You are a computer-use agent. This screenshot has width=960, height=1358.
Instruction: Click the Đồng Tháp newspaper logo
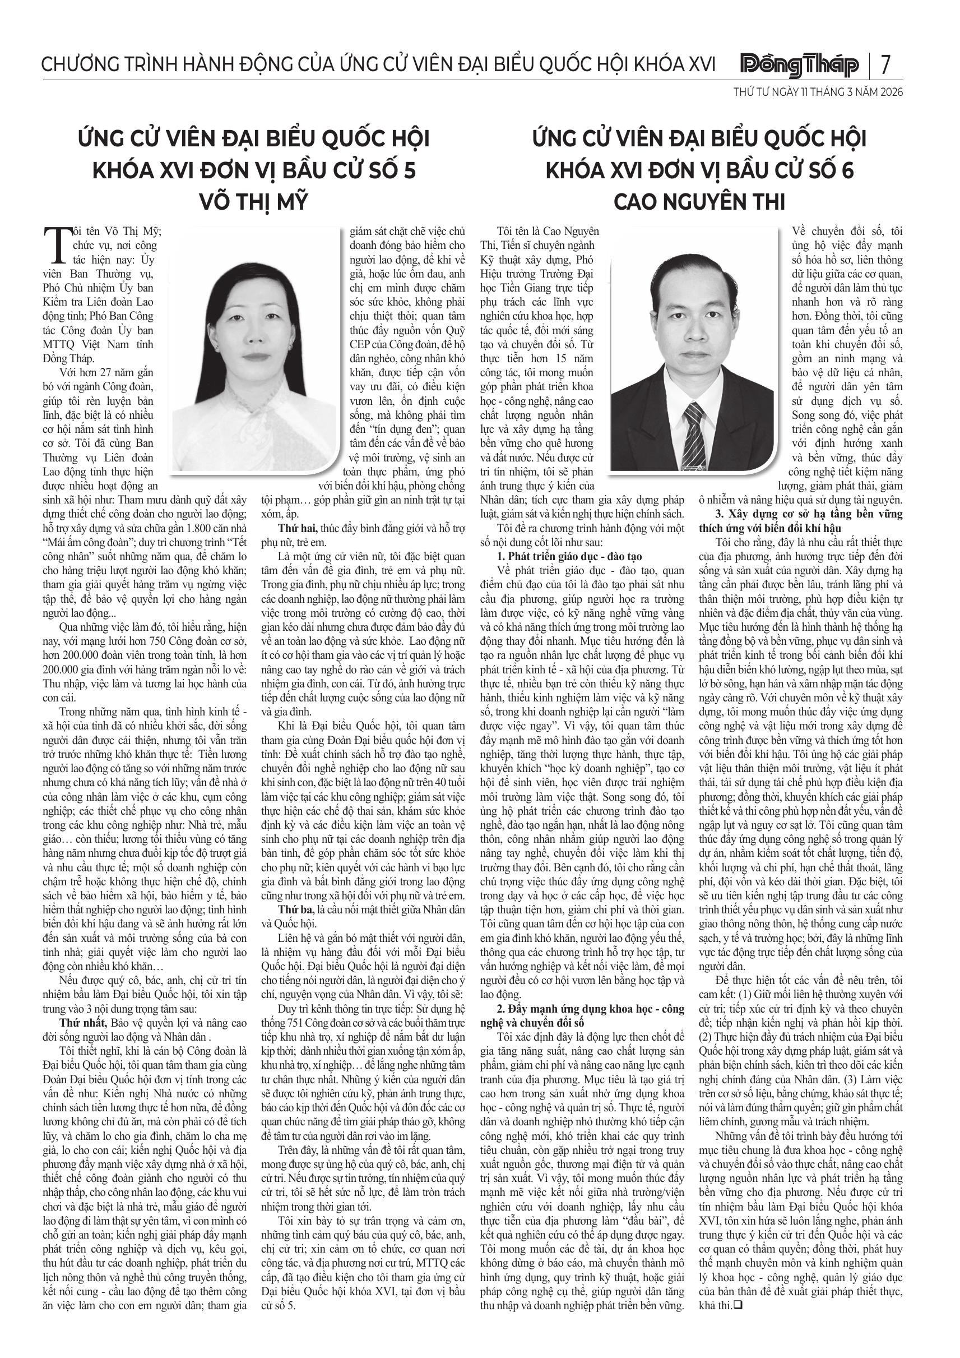click(x=800, y=64)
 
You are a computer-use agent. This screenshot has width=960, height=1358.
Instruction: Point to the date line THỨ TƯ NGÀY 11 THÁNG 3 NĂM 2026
click(x=818, y=93)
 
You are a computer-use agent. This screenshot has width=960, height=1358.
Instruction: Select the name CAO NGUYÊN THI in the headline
click(x=699, y=202)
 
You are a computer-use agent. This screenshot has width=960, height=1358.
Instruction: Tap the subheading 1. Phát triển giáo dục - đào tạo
click(x=569, y=556)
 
